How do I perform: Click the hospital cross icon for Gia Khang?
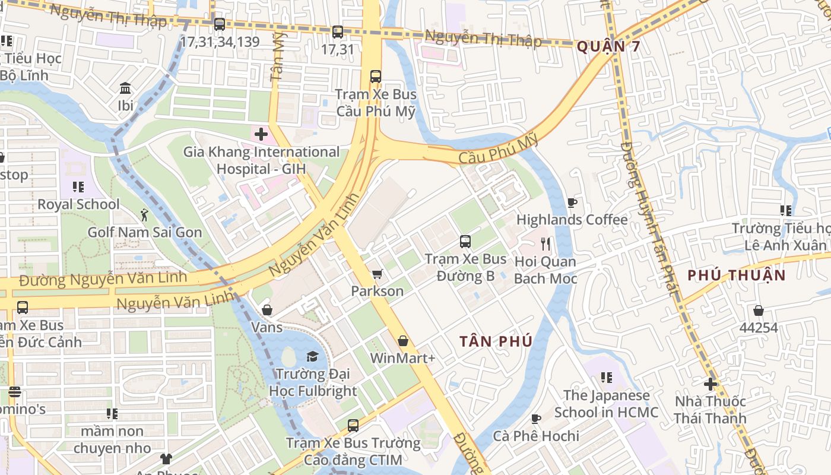pyautogui.click(x=261, y=134)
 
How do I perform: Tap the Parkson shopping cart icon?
pyautogui.click(x=376, y=274)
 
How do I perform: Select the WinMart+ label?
pyautogui.click(x=402, y=358)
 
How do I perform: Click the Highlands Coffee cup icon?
pyautogui.click(x=572, y=202)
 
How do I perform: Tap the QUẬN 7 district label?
pyautogui.click(x=608, y=46)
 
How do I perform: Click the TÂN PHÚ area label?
pyautogui.click(x=496, y=341)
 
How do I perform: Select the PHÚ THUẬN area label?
pyautogui.click(x=736, y=275)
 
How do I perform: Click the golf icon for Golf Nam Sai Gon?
pyautogui.click(x=144, y=215)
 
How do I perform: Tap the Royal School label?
pyautogui.click(x=78, y=204)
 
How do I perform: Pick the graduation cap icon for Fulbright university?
pyautogui.click(x=312, y=356)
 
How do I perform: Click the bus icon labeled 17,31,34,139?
pyautogui.click(x=220, y=24)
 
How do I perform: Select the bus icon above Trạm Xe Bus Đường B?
pyautogui.click(x=465, y=242)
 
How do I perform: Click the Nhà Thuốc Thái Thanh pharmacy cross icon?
pyautogui.click(x=710, y=384)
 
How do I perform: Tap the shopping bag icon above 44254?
pyautogui.click(x=758, y=310)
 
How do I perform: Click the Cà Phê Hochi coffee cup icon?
pyautogui.click(x=536, y=419)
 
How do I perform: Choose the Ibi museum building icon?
pyautogui.click(x=125, y=88)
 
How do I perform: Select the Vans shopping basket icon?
pyautogui.click(x=267, y=310)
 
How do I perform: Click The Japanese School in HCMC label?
pyautogui.click(x=606, y=404)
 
